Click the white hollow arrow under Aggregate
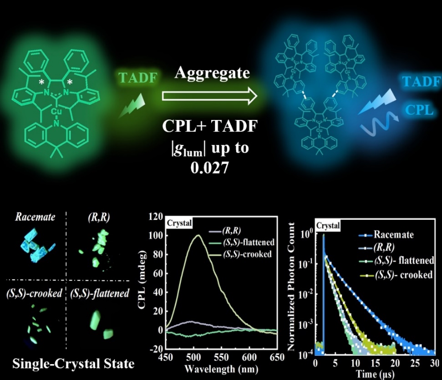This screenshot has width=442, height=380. [209, 96]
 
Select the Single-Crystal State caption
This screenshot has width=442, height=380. [73, 364]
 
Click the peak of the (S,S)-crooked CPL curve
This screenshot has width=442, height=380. [198, 235]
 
